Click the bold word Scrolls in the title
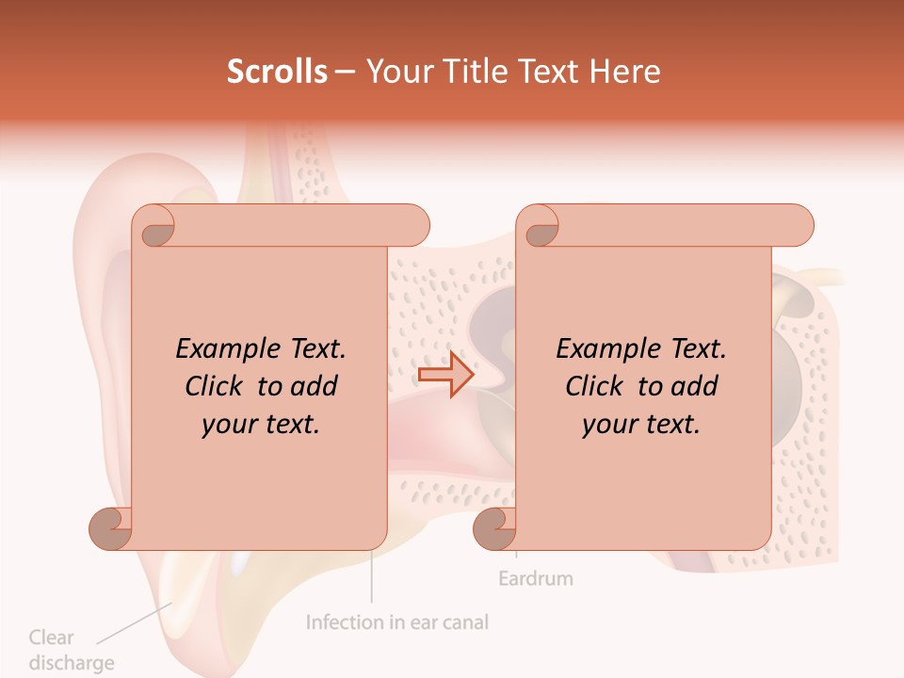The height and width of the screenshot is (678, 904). click(278, 72)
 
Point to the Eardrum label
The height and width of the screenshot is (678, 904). click(535, 577)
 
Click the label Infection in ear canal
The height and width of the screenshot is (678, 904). click(397, 622)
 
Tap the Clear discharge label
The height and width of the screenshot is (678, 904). click(71, 650)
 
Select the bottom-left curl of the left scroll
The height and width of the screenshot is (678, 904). click(112, 527)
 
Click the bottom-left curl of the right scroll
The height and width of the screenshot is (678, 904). click(495, 527)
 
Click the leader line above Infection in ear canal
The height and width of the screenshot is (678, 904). click(372, 577)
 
